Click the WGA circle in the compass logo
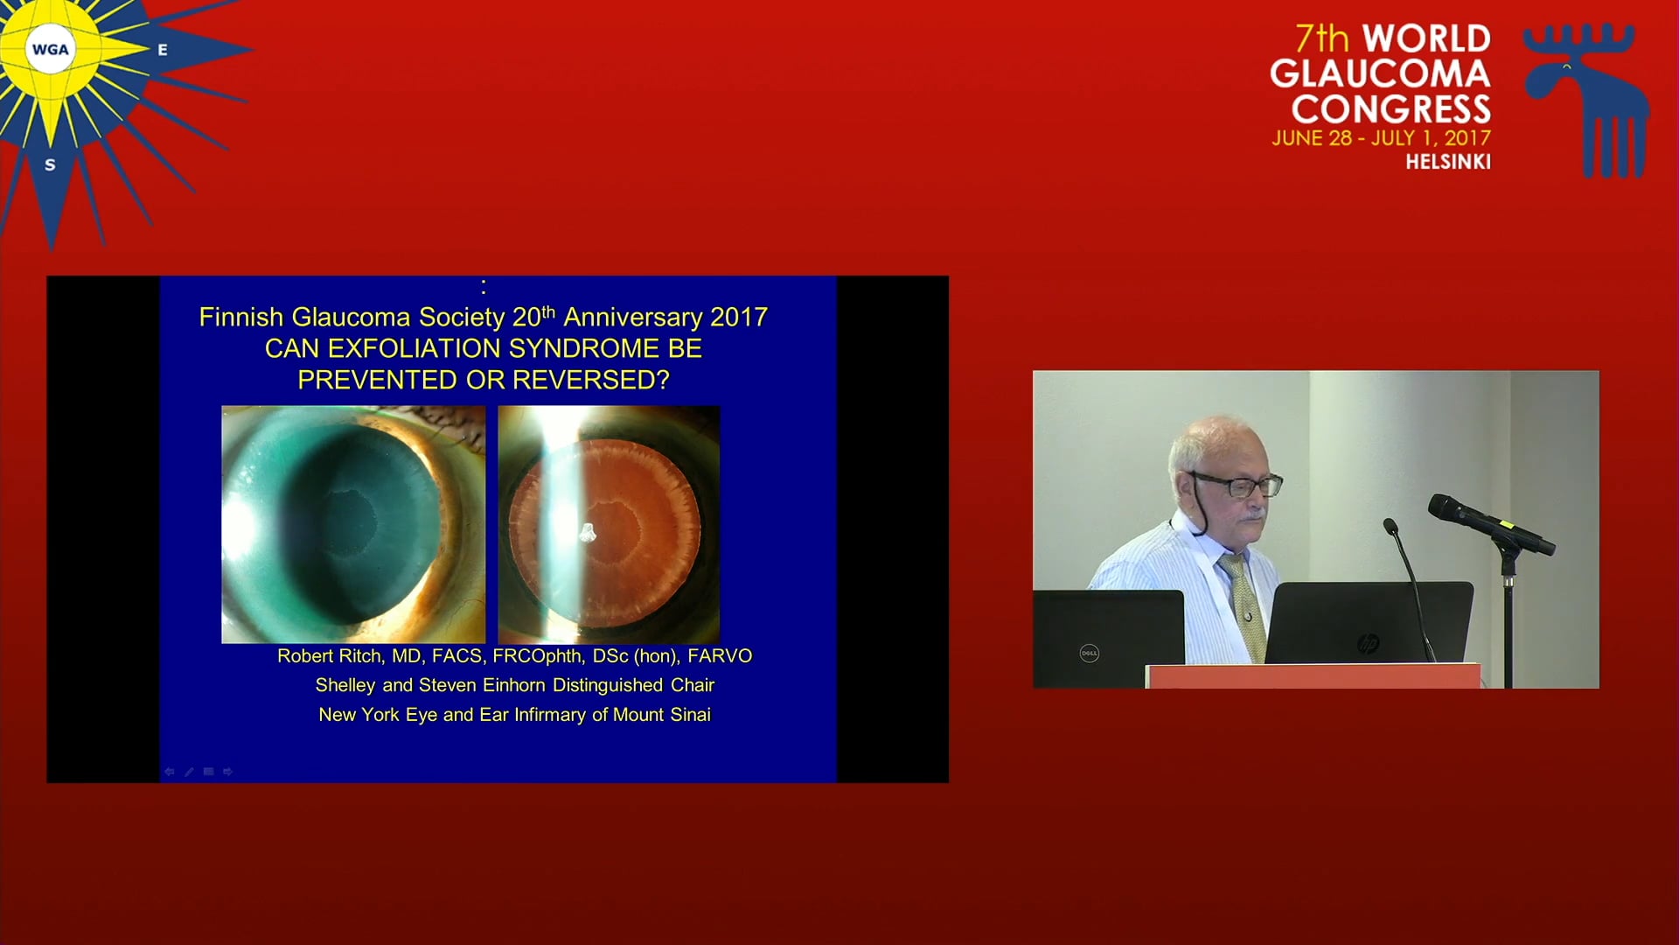point(51,49)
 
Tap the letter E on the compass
point(163,50)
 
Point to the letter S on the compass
point(50,164)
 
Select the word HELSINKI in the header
point(1448,162)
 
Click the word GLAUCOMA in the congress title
point(1381,73)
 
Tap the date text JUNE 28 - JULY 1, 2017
point(1382,138)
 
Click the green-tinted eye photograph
point(353,524)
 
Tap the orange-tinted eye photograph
point(609,524)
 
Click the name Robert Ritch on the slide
point(330,656)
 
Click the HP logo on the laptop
point(1368,645)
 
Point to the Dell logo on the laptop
point(1090,653)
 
